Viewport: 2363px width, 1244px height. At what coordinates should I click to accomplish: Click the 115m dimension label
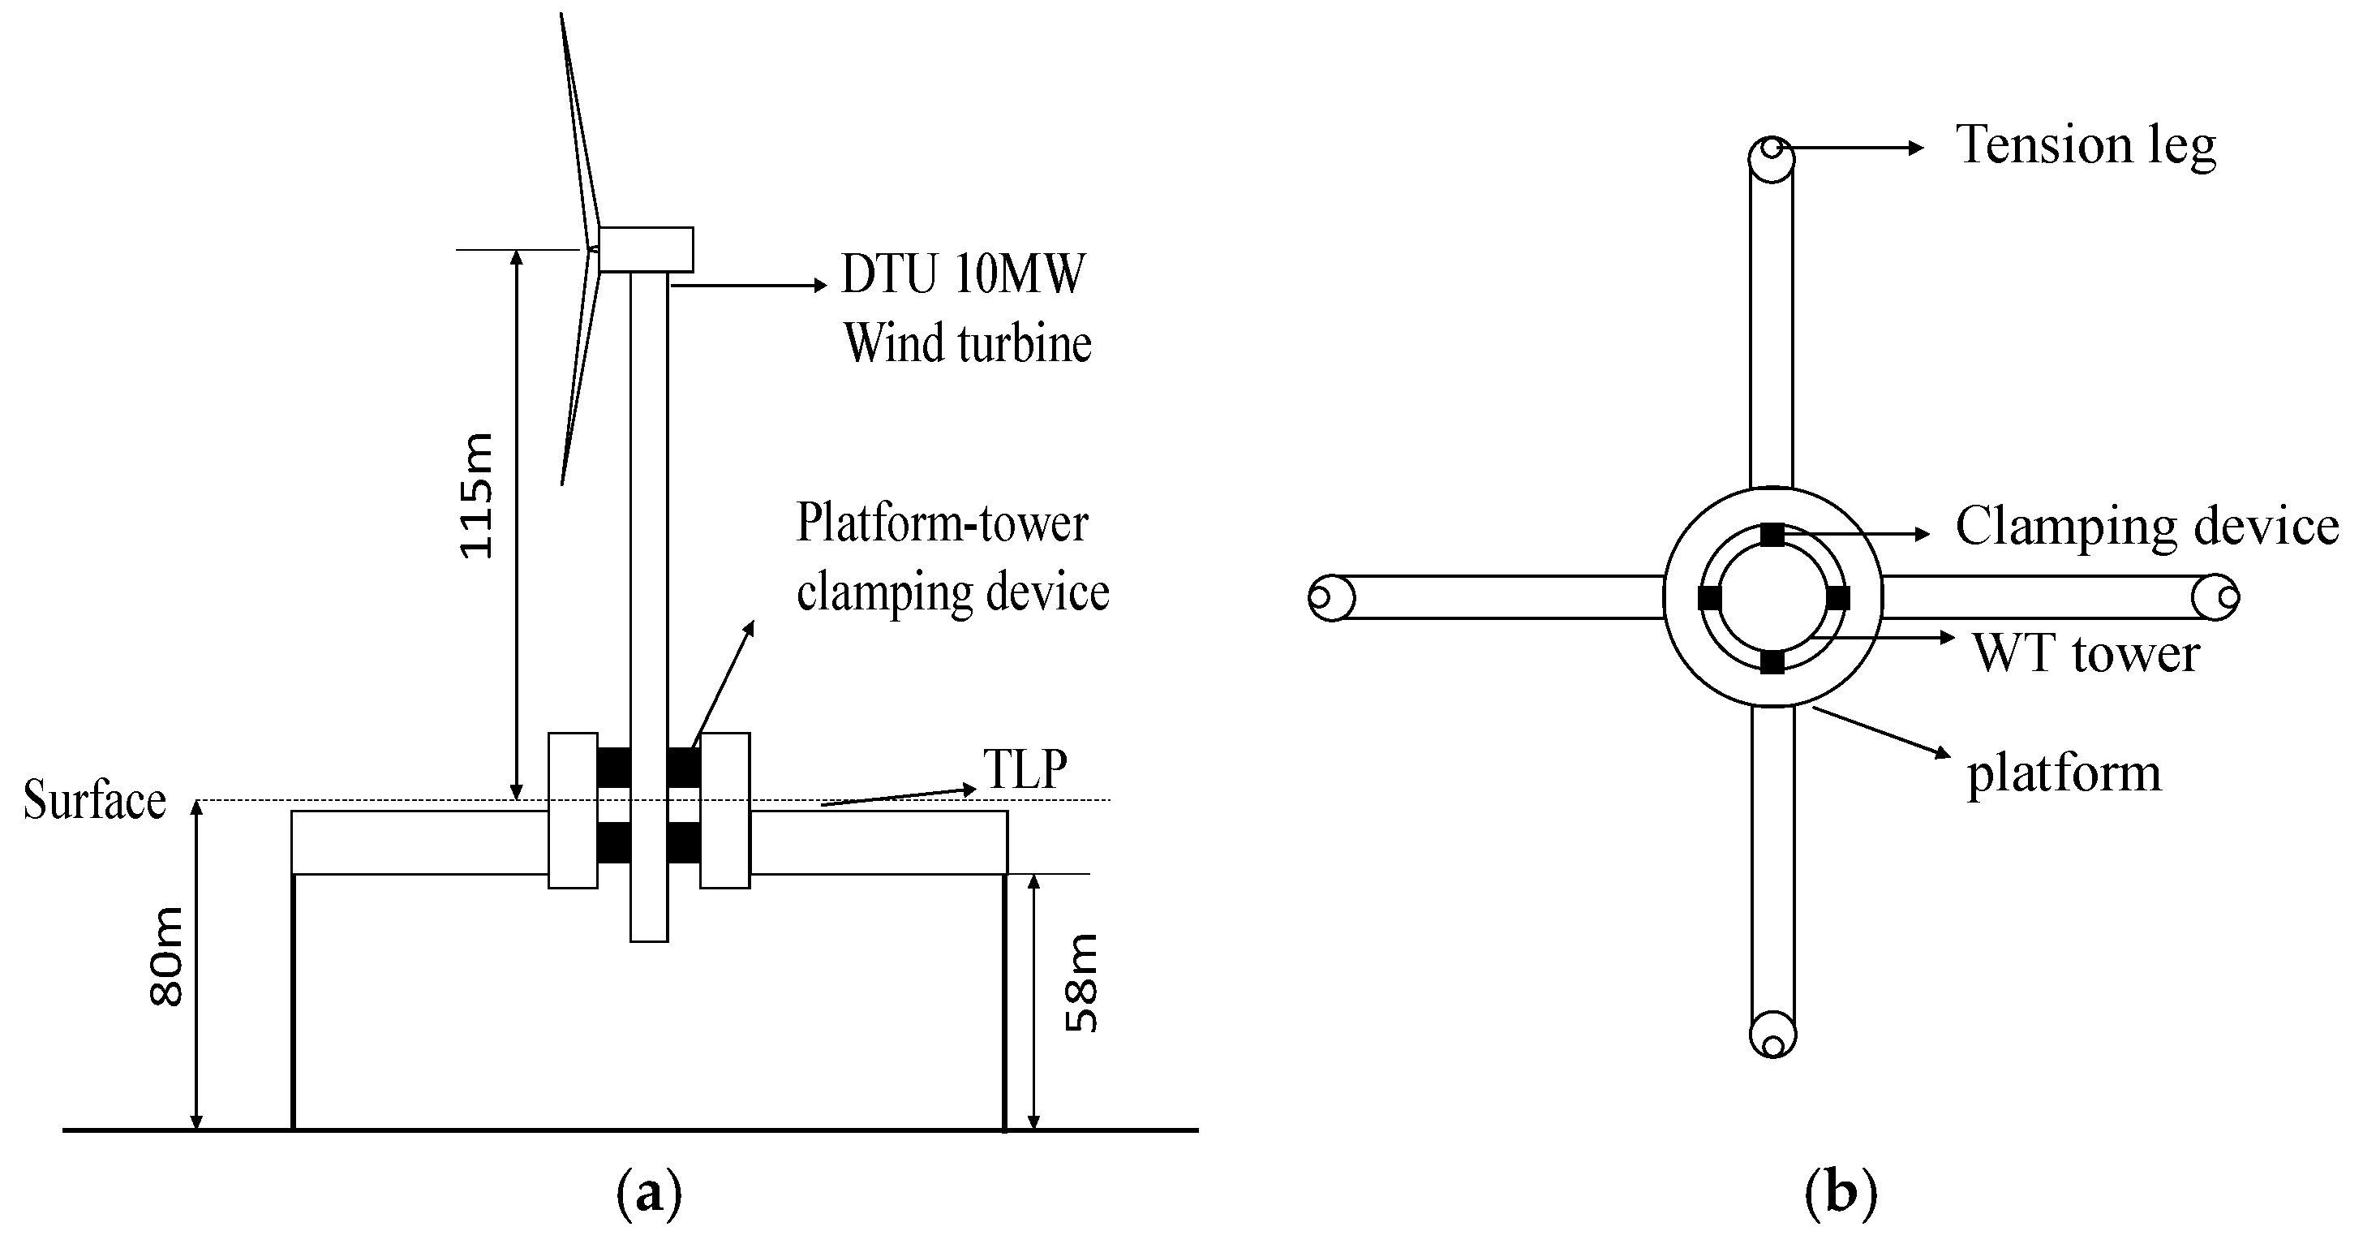477,495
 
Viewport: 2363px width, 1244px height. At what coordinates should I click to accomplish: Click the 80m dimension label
167,957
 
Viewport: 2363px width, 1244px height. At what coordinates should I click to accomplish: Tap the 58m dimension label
1081,983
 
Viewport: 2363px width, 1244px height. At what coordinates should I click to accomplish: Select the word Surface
94,800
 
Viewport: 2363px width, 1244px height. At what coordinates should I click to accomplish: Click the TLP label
1025,768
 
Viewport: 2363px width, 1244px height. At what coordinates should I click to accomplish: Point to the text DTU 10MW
962,273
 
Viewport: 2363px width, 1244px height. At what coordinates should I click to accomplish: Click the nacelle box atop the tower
646,250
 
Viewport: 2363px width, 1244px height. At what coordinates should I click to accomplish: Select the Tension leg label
2086,145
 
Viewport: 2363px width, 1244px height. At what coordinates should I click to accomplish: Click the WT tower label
2086,653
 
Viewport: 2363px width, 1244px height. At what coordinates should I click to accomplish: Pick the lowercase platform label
2064,773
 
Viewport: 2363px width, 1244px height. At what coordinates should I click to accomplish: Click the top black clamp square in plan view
1772,535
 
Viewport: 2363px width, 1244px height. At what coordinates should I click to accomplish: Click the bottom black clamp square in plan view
1772,661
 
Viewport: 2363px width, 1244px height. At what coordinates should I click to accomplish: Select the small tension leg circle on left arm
1319,597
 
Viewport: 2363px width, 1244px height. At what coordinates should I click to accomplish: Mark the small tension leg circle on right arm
2228,597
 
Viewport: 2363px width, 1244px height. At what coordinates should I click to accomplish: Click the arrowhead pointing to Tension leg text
1916,148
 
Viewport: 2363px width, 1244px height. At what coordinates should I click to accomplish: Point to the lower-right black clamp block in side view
683,842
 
